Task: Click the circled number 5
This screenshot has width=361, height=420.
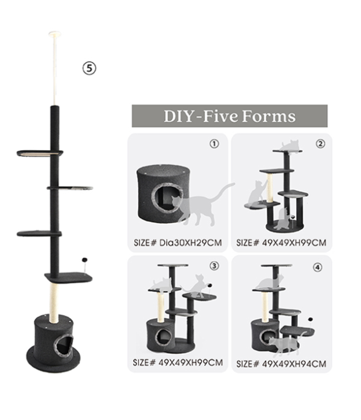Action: pos(89,68)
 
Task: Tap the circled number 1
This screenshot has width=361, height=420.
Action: pos(214,144)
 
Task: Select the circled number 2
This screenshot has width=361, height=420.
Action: pos(320,144)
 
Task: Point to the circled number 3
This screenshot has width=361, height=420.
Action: pos(214,266)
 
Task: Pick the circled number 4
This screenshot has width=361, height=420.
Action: pos(318,267)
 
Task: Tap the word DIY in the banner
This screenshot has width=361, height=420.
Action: pos(179,116)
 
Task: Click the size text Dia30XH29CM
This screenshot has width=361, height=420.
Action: pos(190,242)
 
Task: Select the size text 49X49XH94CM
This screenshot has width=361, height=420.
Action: pos(294,364)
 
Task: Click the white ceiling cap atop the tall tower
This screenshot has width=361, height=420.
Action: pos(55,34)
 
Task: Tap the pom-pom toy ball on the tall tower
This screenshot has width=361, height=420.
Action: pos(85,259)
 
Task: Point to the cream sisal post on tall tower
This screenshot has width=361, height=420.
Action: pos(54,299)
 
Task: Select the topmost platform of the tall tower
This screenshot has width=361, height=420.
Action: pos(40,154)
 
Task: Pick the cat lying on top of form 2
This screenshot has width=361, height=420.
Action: pos(290,146)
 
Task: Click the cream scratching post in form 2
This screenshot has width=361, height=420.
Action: pos(270,187)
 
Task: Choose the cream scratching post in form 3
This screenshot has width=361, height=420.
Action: pos(161,307)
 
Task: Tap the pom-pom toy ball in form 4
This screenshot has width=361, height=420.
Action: pos(310,319)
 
